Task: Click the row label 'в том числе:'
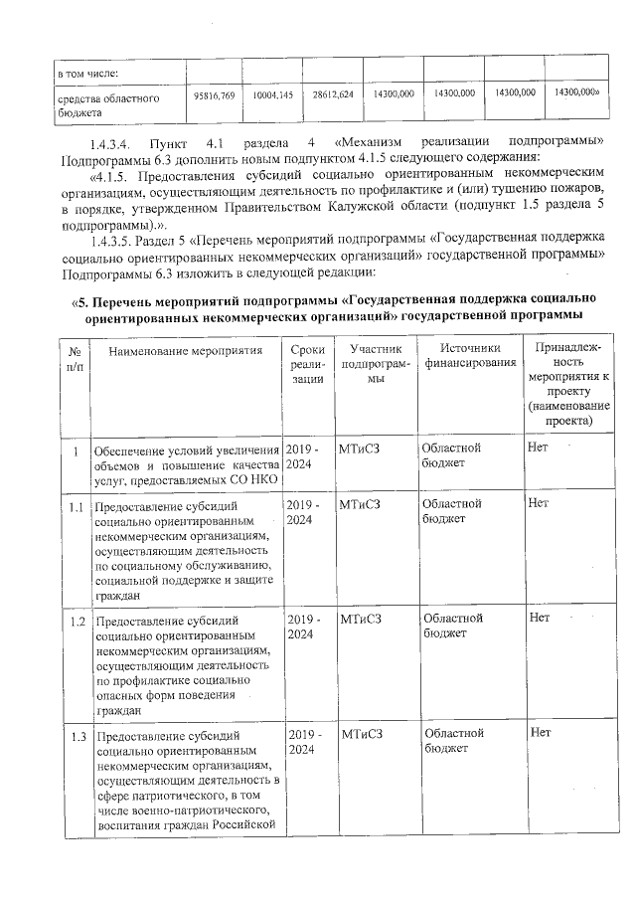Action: coord(87,73)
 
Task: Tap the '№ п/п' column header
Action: coord(75,357)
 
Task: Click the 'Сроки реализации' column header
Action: coord(308,364)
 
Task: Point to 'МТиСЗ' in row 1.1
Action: coord(360,504)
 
